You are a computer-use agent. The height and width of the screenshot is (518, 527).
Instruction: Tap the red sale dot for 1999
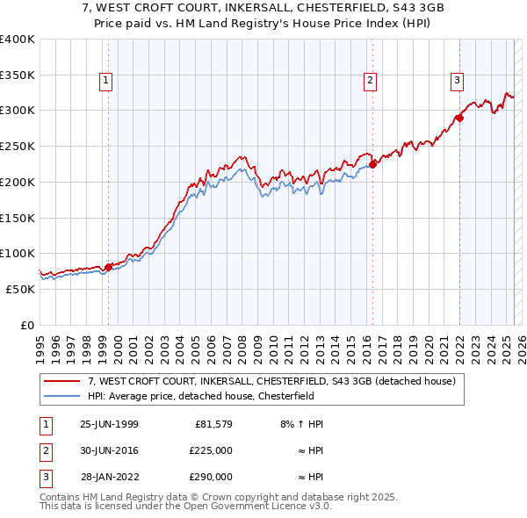[x=108, y=267]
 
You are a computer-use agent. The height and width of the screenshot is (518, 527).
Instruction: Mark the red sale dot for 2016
[x=372, y=163]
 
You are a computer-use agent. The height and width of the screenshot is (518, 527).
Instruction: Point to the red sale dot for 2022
[x=459, y=117]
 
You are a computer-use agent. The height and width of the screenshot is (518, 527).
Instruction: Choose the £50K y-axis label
[x=21, y=289]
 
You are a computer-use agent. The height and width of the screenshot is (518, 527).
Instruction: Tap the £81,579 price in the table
[x=211, y=424]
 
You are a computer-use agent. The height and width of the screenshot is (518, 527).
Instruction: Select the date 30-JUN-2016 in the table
[x=109, y=450]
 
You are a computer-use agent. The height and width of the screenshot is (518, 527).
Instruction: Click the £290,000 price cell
[x=211, y=478]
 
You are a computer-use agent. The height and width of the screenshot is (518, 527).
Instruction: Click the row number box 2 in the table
[x=44, y=450]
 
